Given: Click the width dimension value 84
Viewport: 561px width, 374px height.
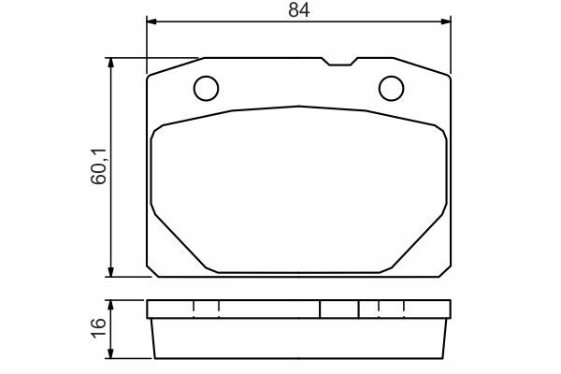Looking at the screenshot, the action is coord(299,10).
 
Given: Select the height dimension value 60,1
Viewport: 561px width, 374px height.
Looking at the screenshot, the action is coord(98,166).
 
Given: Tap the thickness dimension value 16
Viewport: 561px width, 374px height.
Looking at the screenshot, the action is coord(98,328).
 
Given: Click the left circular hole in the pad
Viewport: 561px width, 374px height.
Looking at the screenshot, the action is coord(206,88).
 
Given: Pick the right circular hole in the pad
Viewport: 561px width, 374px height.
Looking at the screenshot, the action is coord(392,88).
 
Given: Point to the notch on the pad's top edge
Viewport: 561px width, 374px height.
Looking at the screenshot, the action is coord(339,62).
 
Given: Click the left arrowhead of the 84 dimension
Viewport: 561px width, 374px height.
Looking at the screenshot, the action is coord(151,22).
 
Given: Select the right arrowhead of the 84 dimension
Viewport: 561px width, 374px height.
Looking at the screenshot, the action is coord(446,22).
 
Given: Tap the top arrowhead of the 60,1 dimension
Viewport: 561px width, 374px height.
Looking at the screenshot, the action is coord(110,63).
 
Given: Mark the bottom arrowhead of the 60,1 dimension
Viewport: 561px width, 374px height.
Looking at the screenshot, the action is coord(110,272).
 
